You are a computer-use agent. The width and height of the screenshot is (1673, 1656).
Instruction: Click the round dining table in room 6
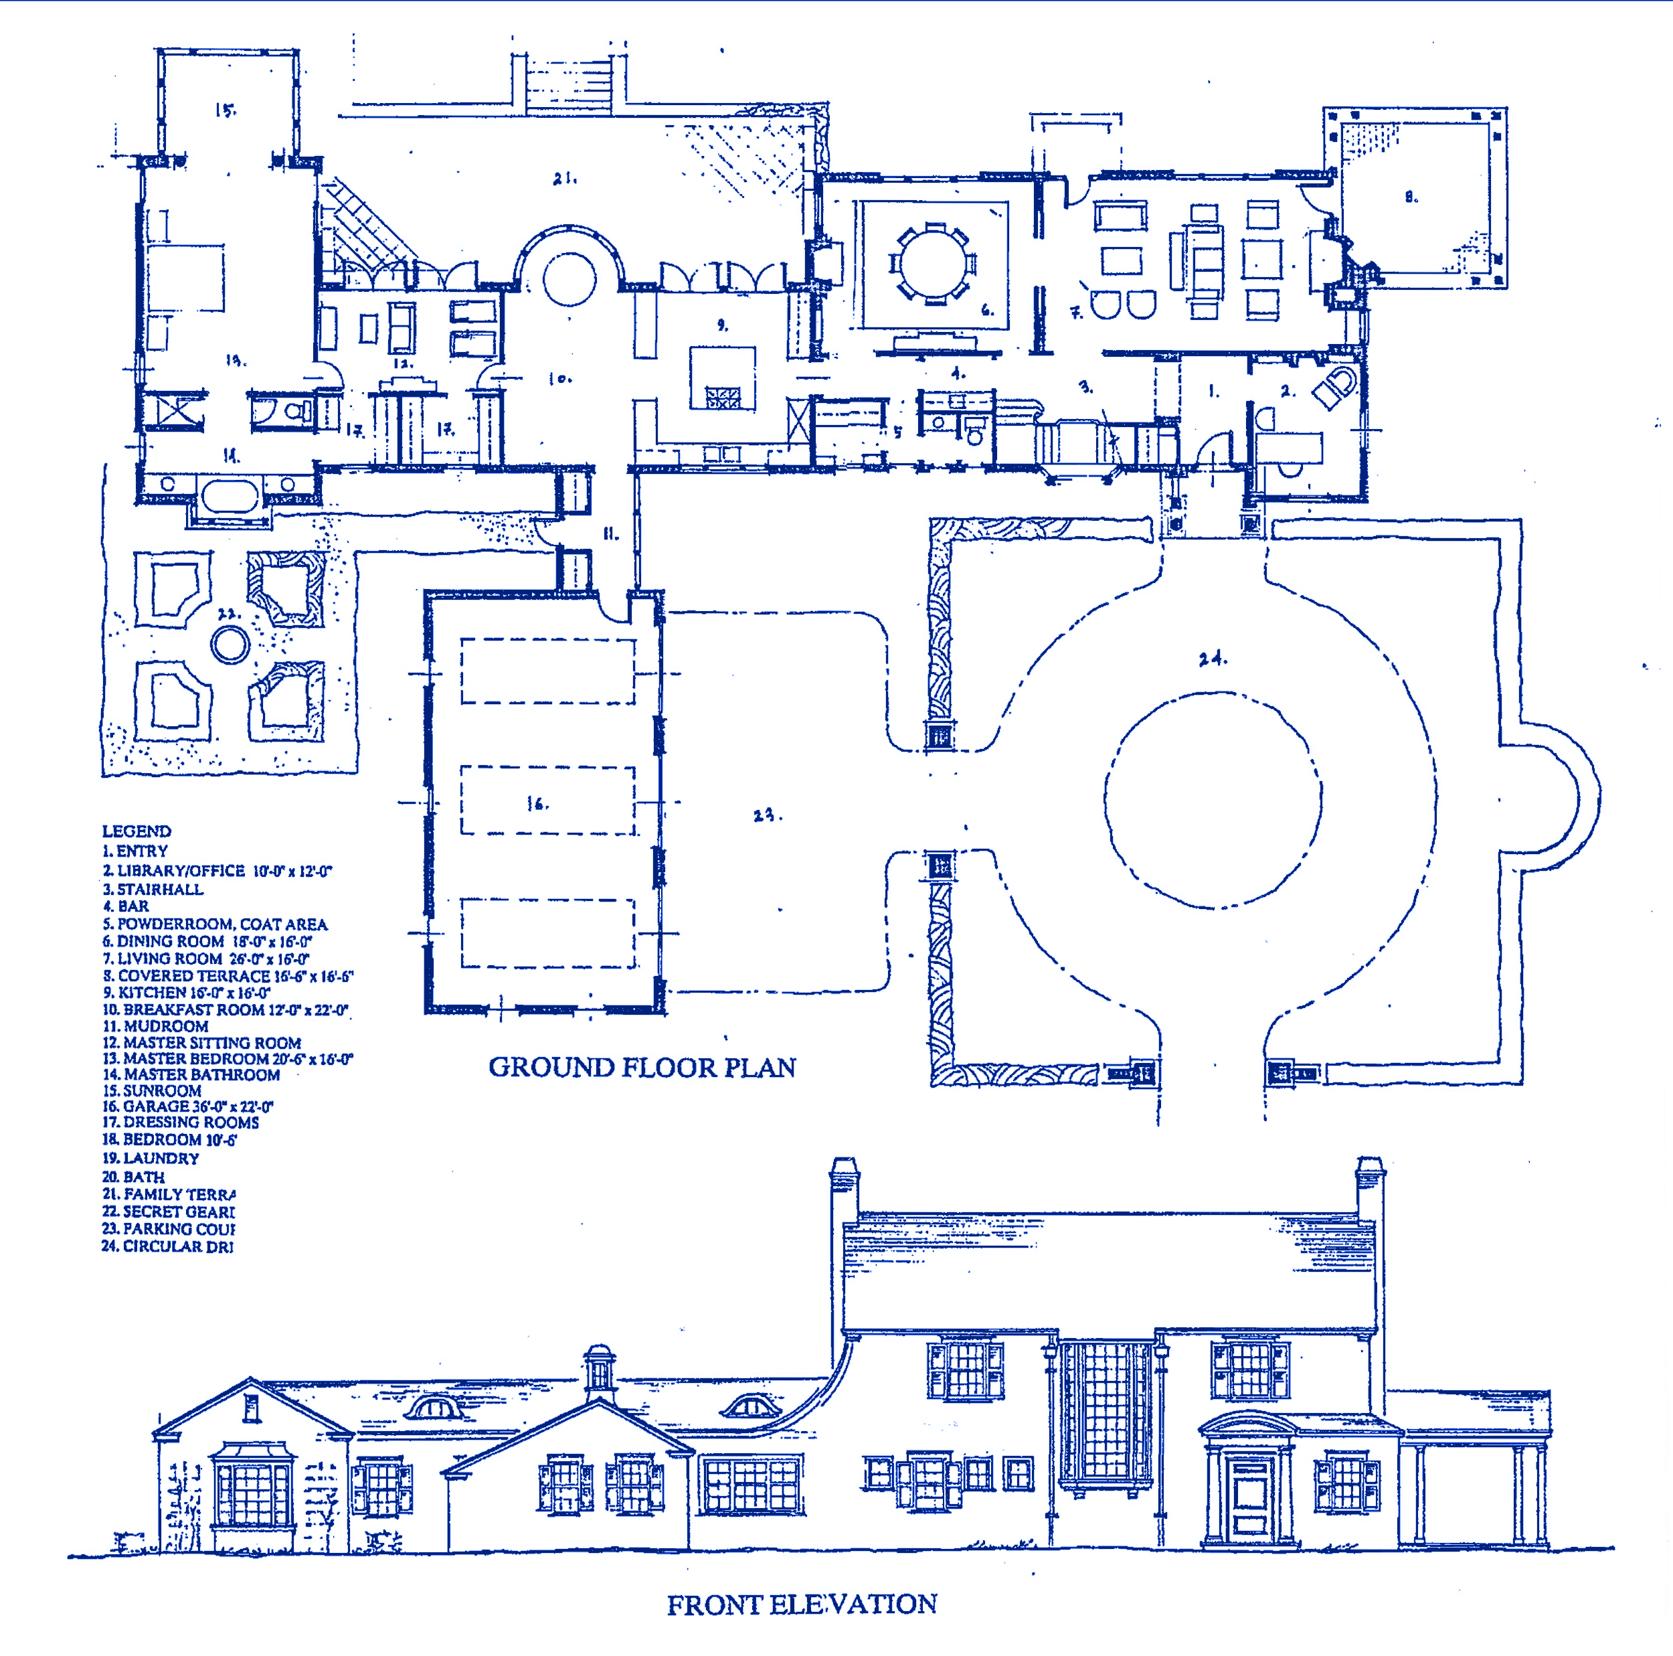(x=934, y=263)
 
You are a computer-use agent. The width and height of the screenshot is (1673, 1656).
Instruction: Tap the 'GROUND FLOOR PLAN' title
(x=642, y=1067)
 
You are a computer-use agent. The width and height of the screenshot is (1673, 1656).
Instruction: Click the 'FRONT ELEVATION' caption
(x=801, y=1604)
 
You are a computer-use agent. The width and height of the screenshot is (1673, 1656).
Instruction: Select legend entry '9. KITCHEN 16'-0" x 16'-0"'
(x=186, y=993)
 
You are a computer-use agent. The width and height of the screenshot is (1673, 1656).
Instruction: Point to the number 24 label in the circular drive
(x=1213, y=659)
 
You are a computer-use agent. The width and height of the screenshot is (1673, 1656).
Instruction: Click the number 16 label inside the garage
(x=537, y=804)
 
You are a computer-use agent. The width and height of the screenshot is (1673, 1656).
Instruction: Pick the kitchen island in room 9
(x=722, y=378)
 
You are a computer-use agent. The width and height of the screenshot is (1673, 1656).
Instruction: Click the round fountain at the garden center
(x=230, y=645)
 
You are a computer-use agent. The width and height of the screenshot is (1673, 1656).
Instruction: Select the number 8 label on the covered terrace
(x=1411, y=197)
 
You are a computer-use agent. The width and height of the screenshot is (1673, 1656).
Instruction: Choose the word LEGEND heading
(x=137, y=831)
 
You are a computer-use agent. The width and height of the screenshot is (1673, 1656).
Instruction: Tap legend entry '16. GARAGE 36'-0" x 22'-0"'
(x=188, y=1106)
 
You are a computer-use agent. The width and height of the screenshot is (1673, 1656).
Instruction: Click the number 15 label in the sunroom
(x=225, y=110)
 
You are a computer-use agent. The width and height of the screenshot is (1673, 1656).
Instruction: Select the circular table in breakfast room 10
(x=569, y=279)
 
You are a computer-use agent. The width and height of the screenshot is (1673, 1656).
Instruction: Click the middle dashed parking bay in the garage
(x=547, y=801)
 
